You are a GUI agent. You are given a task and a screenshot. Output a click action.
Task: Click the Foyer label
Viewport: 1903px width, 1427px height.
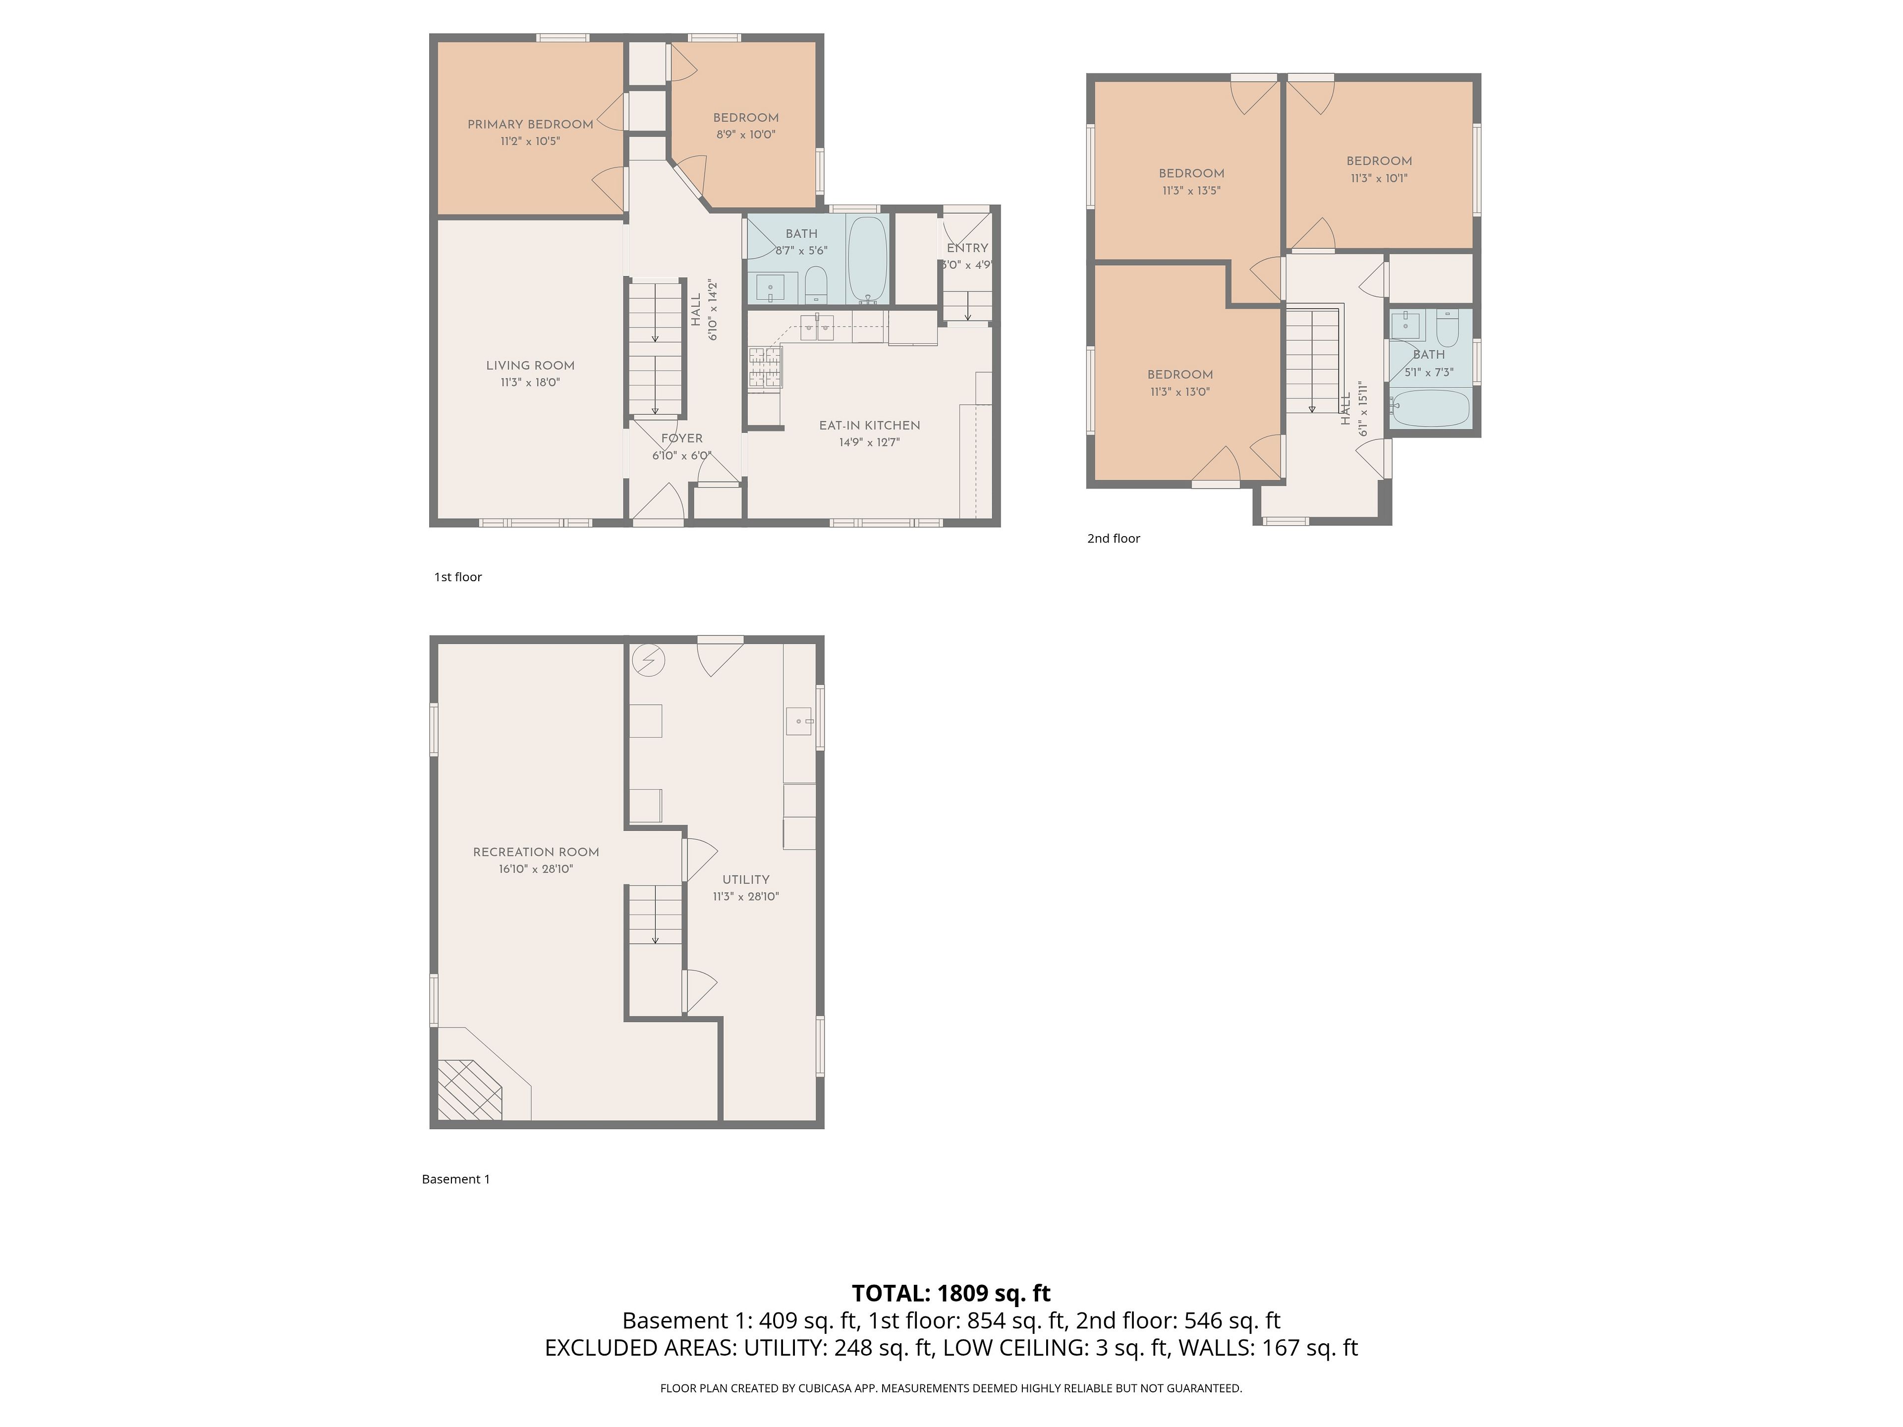coord(682,439)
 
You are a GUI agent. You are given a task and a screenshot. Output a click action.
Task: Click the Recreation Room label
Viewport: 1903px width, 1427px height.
coord(536,852)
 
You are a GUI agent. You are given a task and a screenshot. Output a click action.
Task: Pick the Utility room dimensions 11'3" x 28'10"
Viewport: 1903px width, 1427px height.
coord(746,897)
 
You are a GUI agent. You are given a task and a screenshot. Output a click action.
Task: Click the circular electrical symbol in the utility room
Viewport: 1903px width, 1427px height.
coord(649,660)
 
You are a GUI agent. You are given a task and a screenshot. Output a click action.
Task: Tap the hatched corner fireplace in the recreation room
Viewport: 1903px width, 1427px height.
coord(470,1089)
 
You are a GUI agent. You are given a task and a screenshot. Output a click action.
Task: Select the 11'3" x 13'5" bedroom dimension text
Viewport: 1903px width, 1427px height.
coord(1191,191)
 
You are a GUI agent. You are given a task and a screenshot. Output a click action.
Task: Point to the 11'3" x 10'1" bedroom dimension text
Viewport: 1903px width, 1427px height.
coord(1379,179)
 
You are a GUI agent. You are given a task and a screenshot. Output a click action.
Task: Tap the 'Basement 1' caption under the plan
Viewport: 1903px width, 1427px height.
coord(456,1179)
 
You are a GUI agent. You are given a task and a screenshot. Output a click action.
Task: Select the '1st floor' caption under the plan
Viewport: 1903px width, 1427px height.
coord(458,577)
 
